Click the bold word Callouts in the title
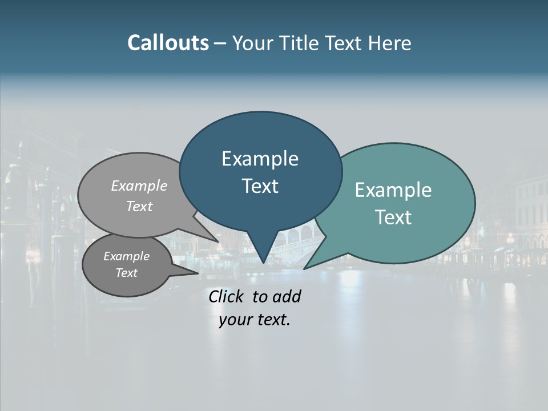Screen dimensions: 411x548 coord(168,43)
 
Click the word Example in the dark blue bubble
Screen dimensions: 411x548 coord(260,159)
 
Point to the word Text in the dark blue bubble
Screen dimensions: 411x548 coord(260,186)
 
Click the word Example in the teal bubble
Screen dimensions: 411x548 coord(393,190)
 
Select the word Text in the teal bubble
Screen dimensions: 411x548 coord(393,217)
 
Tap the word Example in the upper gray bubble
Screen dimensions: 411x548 coord(139,186)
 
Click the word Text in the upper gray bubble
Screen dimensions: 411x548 coord(139,206)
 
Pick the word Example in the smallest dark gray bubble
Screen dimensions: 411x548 coord(126,256)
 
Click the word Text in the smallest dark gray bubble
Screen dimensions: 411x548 coord(126,273)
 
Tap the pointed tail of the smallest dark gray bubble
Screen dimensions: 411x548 coord(194,272)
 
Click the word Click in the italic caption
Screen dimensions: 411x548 coord(227,296)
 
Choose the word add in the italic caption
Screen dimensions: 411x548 coord(287,296)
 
